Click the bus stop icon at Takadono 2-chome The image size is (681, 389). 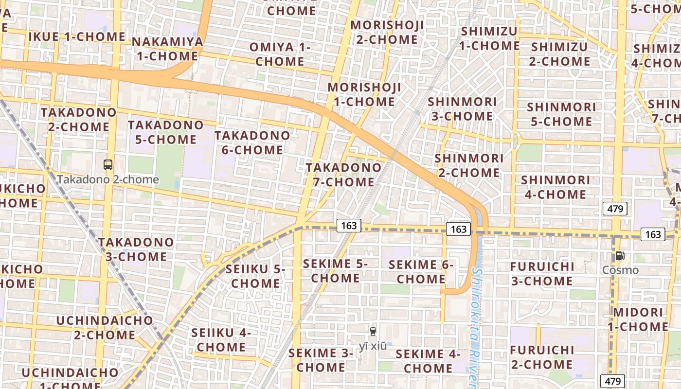click(108, 165)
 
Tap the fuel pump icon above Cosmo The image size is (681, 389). click(620, 256)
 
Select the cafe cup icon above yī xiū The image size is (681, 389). click(373, 332)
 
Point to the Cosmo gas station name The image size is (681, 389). click(620, 270)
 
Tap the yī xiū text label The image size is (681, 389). click(373, 346)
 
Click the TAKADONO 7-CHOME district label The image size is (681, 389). click(344, 175)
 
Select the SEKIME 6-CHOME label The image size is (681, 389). click(421, 272)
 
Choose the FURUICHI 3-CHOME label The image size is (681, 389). click(542, 274)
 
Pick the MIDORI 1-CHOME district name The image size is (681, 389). click(638, 319)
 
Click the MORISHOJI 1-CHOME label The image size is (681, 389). click(365, 95)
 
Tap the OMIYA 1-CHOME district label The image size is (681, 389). click(280, 54)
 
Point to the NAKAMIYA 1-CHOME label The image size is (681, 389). click(167, 49)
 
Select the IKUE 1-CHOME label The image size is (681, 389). click(77, 36)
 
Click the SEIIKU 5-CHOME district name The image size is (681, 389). click(255, 276)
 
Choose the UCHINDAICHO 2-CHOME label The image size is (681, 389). click(104, 328)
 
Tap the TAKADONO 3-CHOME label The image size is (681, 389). click(136, 249)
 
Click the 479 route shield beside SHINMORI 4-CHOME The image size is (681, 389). click(615, 209)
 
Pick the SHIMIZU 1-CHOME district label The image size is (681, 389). click(489, 38)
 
